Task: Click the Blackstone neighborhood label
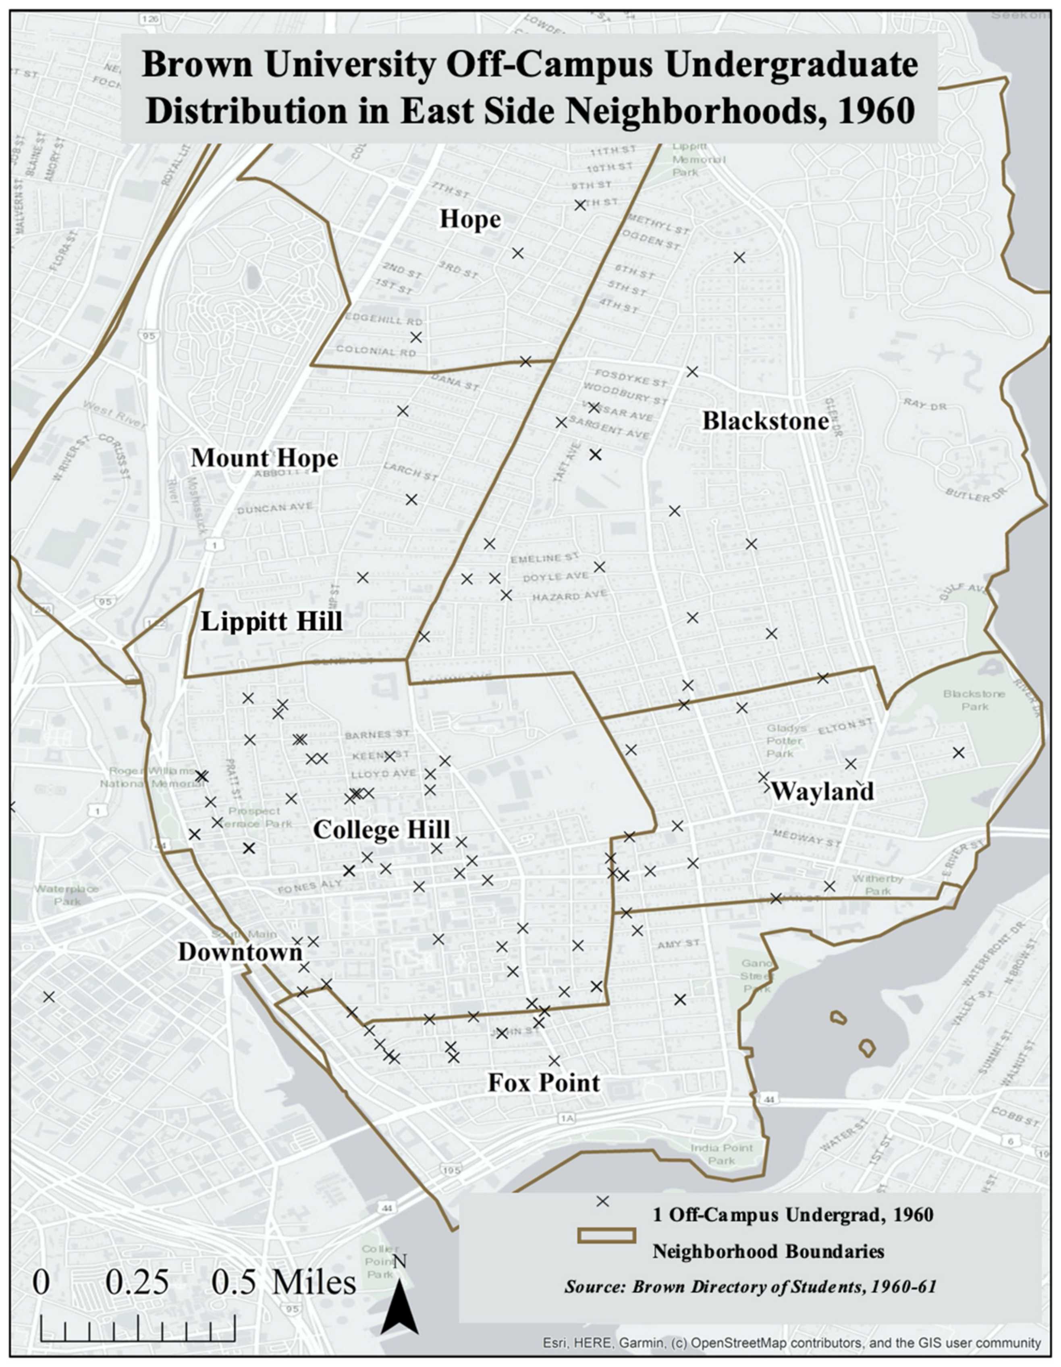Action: [x=765, y=421]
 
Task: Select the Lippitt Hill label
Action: [x=271, y=621]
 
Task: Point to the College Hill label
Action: [x=381, y=830]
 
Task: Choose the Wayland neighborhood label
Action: [x=822, y=791]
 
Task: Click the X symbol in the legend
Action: [x=602, y=1201]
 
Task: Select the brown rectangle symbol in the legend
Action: [x=606, y=1235]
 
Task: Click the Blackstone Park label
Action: [x=974, y=700]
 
